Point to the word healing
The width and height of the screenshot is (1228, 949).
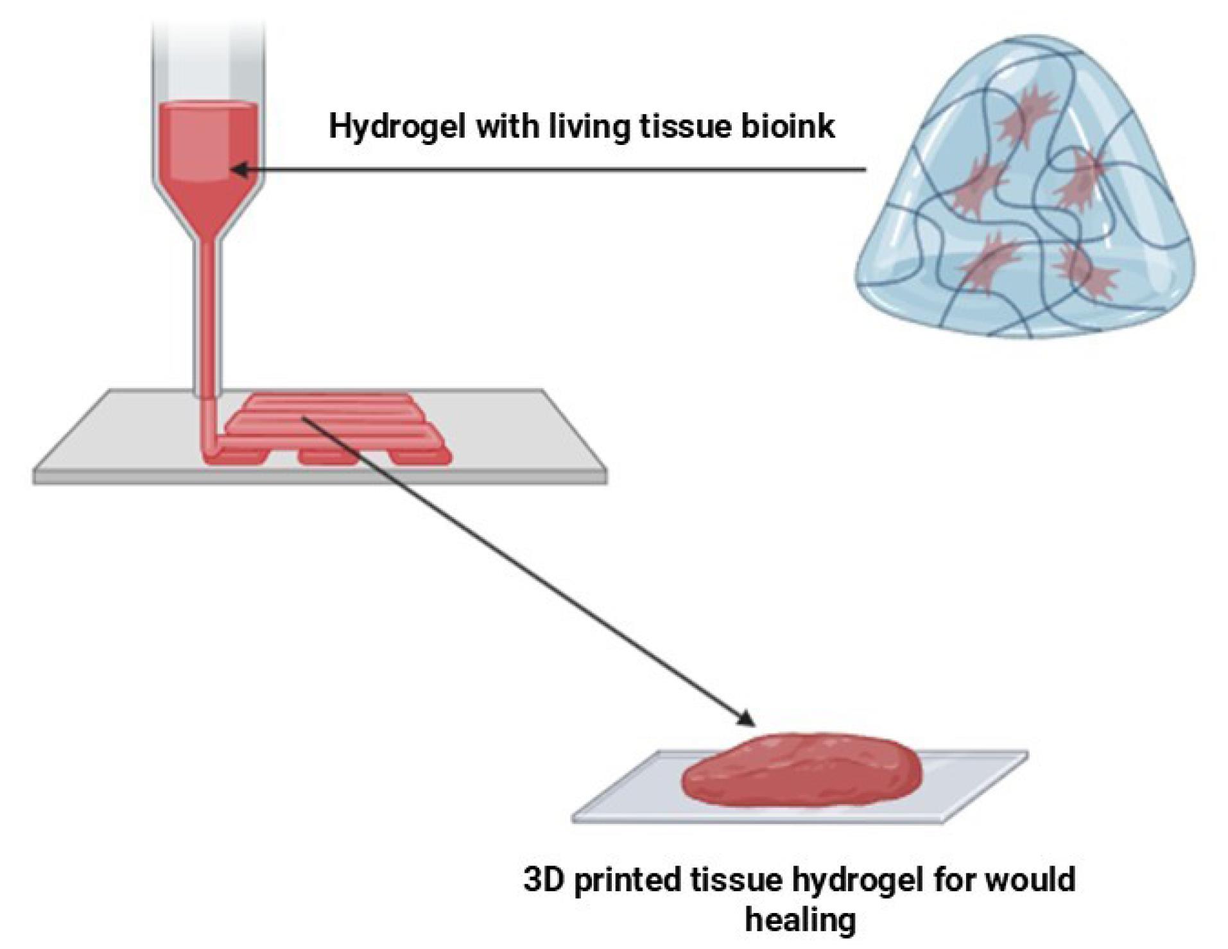[800, 920]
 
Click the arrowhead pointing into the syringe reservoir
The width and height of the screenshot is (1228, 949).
[239, 170]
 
